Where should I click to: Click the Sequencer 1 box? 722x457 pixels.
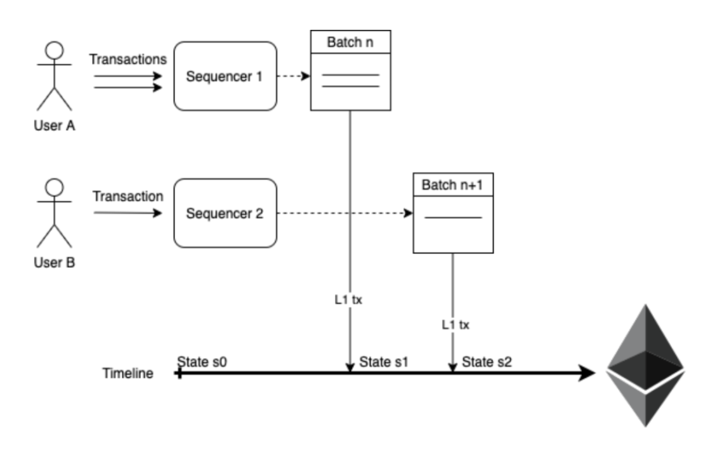225,76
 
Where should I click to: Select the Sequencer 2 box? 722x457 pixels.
225,213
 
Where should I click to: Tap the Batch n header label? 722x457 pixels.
350,43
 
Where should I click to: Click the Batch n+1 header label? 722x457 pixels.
452,185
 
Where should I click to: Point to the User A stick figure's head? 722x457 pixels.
55,50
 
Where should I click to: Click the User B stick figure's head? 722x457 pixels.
55,187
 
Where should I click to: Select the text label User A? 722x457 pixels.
55,126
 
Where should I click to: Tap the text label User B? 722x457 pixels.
55,263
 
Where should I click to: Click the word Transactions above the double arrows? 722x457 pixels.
128,60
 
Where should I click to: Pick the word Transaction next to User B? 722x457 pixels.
128,197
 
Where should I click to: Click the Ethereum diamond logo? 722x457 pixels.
646,366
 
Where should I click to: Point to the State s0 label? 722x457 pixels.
202,362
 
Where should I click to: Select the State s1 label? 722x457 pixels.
384,362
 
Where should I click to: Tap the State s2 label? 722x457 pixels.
487,362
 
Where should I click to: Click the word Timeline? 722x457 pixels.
128,373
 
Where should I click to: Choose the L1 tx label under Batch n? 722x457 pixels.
348,300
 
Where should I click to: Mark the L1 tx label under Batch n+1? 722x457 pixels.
456,325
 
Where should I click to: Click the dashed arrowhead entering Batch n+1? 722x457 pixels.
409,213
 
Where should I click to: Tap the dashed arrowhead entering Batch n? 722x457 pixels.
306,76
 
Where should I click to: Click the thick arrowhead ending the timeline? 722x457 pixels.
587,373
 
